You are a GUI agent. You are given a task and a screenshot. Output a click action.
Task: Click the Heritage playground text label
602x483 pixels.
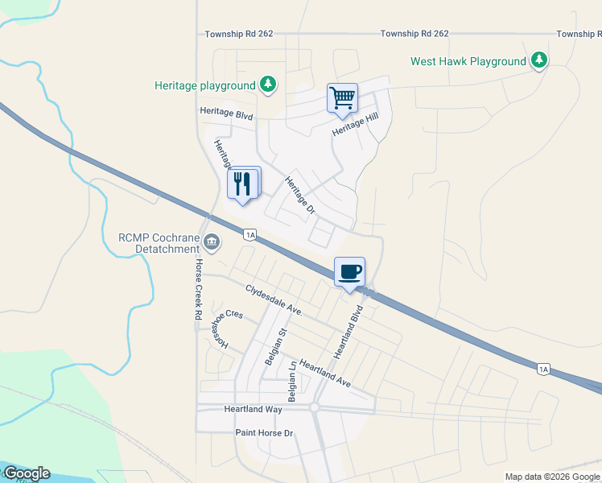click(205, 85)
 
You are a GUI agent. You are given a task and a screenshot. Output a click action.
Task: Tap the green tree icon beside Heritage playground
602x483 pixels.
click(269, 85)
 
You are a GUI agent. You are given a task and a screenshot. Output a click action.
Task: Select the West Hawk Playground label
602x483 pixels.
click(468, 61)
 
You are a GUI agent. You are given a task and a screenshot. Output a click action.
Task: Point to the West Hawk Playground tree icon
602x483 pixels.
click(539, 60)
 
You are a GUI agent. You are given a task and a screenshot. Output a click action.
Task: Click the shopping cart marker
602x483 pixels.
click(342, 99)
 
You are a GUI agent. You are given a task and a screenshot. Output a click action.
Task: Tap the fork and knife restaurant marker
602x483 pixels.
click(244, 184)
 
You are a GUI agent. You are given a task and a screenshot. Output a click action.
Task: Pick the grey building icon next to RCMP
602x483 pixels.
click(212, 240)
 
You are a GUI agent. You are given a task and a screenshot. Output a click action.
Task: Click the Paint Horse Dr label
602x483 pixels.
click(265, 433)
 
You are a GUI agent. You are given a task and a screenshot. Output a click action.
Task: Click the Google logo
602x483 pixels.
click(26, 473)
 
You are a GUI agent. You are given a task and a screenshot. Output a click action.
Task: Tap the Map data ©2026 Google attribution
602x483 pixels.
click(552, 477)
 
